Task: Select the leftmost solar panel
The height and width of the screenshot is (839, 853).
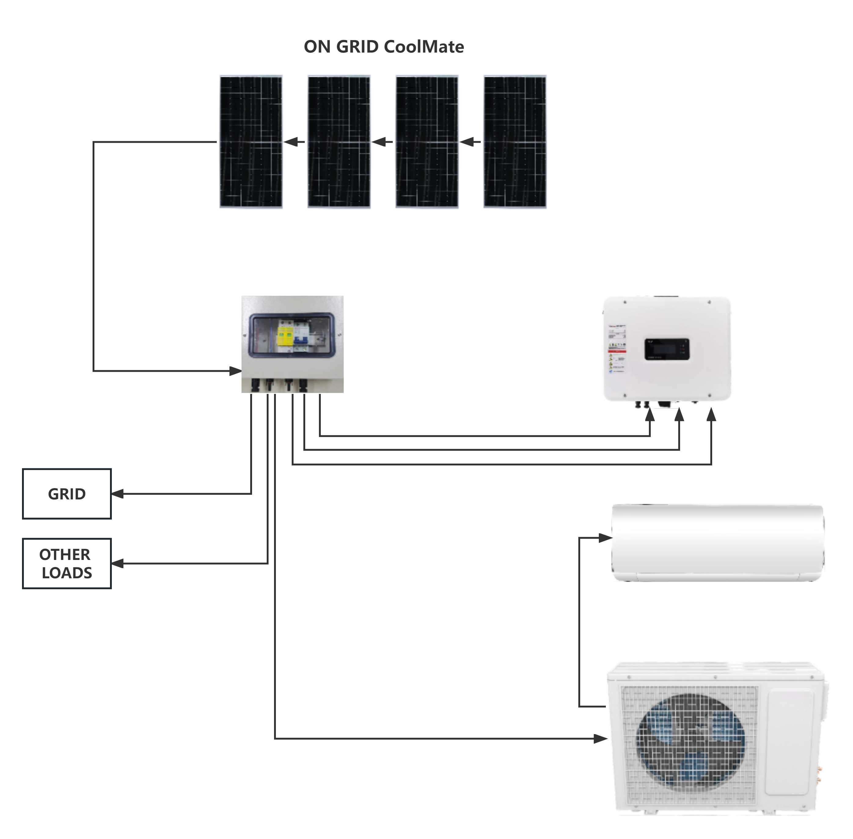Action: [251, 142]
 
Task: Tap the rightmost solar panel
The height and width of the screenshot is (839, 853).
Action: [515, 142]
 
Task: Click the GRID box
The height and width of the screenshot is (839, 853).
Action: [67, 494]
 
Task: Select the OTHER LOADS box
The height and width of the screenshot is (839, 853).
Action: [67, 563]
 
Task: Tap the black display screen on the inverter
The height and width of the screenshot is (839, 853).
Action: [666, 349]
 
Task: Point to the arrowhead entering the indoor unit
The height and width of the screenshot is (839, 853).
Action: [606, 538]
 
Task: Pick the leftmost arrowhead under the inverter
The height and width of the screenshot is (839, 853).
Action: [650, 415]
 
